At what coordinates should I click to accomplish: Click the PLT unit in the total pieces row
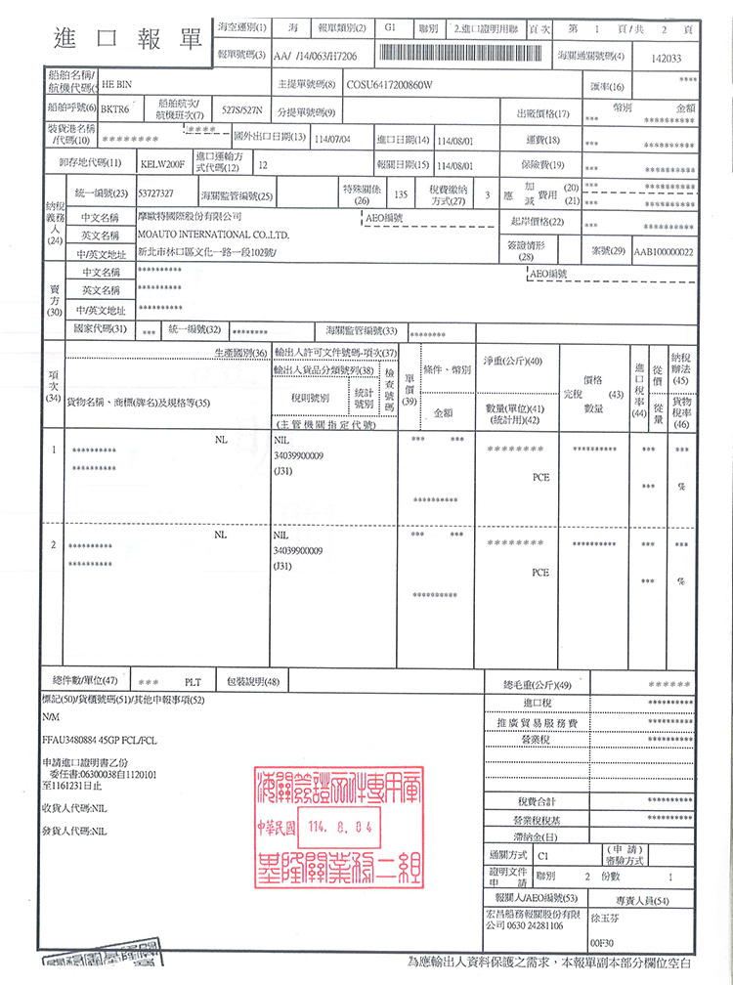click(193, 681)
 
